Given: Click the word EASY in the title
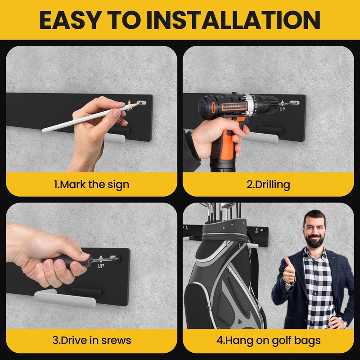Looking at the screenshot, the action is pos(71,20).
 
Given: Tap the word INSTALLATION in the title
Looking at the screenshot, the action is pos(236,20).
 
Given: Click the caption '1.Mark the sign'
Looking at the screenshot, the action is pos(91,185).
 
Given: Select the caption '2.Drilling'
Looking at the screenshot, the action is pos(268,185).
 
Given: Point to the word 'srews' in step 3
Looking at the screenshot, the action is pos(116,340).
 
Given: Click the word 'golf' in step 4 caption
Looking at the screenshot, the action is pos(281,341).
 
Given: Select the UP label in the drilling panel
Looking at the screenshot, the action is pos(282,109).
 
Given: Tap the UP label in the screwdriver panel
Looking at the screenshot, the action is pos(101,266).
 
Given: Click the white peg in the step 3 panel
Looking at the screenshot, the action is pos(65,298).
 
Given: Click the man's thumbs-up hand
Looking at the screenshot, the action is pos(289,270).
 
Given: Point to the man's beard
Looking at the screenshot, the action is pos(315,240).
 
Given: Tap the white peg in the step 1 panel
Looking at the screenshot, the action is pos(115,139).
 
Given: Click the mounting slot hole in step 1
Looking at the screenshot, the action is pos(141,103).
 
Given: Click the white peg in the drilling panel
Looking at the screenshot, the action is pos(262,137).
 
